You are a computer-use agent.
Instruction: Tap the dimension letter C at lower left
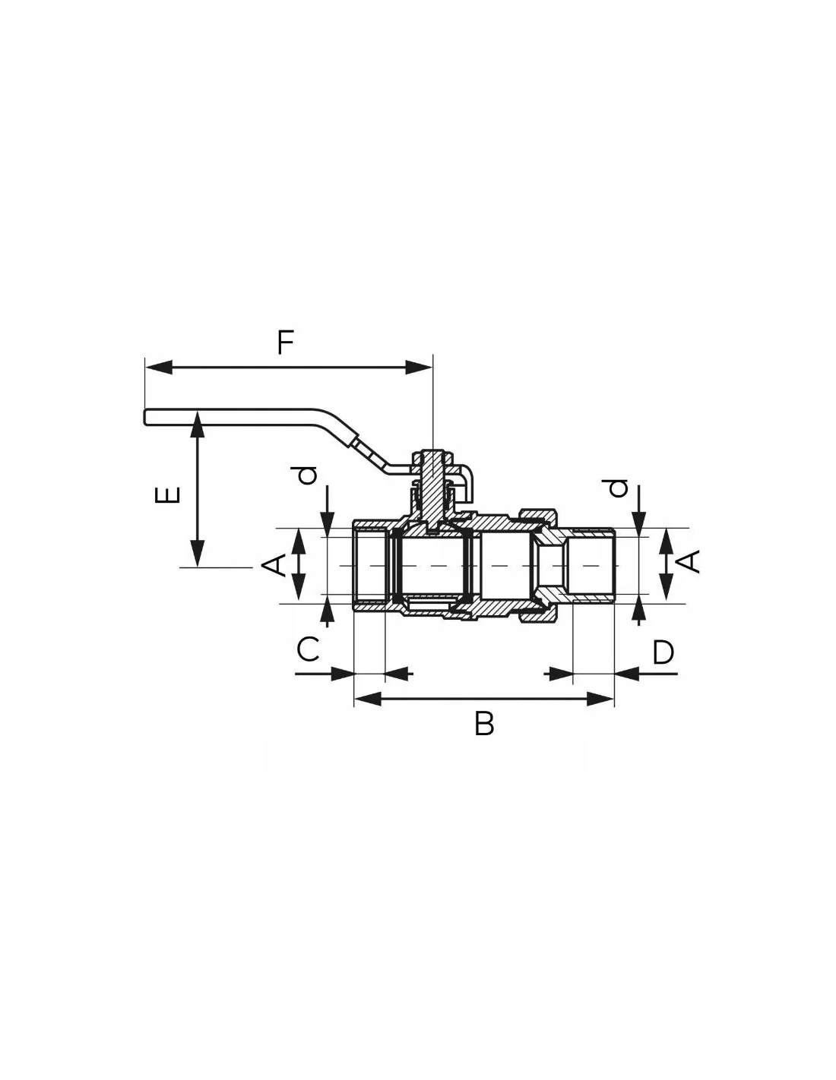point(308,649)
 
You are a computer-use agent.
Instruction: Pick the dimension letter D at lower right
point(663,652)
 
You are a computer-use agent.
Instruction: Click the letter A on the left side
point(274,565)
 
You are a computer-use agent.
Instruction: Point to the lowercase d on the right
point(618,488)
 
